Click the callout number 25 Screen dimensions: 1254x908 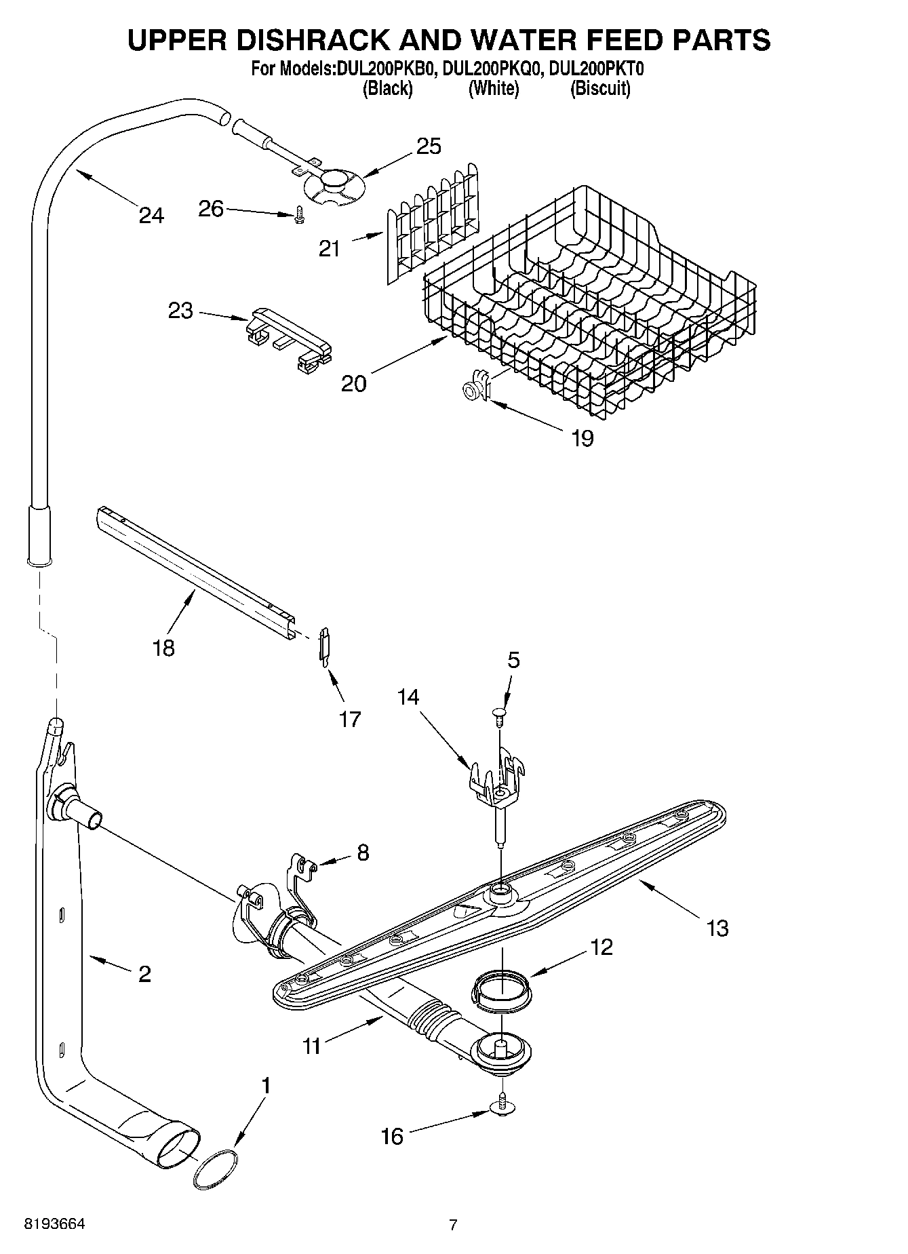click(429, 146)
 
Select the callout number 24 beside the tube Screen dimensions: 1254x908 click(151, 216)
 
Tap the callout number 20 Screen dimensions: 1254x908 click(353, 383)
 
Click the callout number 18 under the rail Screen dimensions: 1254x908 click(164, 648)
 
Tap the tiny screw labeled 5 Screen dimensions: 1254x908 click(499, 713)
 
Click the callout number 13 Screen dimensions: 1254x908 click(717, 928)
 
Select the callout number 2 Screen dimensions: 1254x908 click(144, 974)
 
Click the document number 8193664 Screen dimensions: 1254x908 click(54, 1225)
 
